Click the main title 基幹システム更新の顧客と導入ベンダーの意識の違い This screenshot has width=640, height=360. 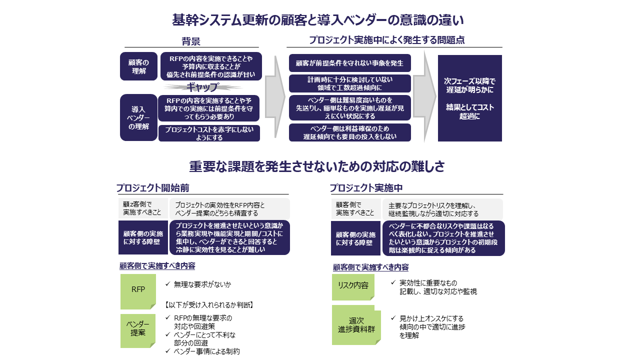318,20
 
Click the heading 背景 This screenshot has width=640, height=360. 191,41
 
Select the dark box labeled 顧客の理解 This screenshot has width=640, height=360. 138,66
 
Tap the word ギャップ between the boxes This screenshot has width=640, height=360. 202,87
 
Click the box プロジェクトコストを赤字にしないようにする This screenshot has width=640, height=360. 209,133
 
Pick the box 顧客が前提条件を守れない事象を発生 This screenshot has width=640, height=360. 349,63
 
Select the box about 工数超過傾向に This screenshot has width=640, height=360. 349,83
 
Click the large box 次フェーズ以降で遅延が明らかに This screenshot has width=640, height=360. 469,98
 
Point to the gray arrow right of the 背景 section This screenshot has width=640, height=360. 274,96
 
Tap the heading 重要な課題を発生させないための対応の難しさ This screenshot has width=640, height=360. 317,166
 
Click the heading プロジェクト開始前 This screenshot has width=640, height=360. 152,188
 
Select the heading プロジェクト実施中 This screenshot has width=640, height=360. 366,188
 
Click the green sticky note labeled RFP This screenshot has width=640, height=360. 138,289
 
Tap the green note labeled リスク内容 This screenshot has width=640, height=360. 353,285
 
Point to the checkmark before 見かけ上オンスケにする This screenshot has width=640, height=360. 393,318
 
